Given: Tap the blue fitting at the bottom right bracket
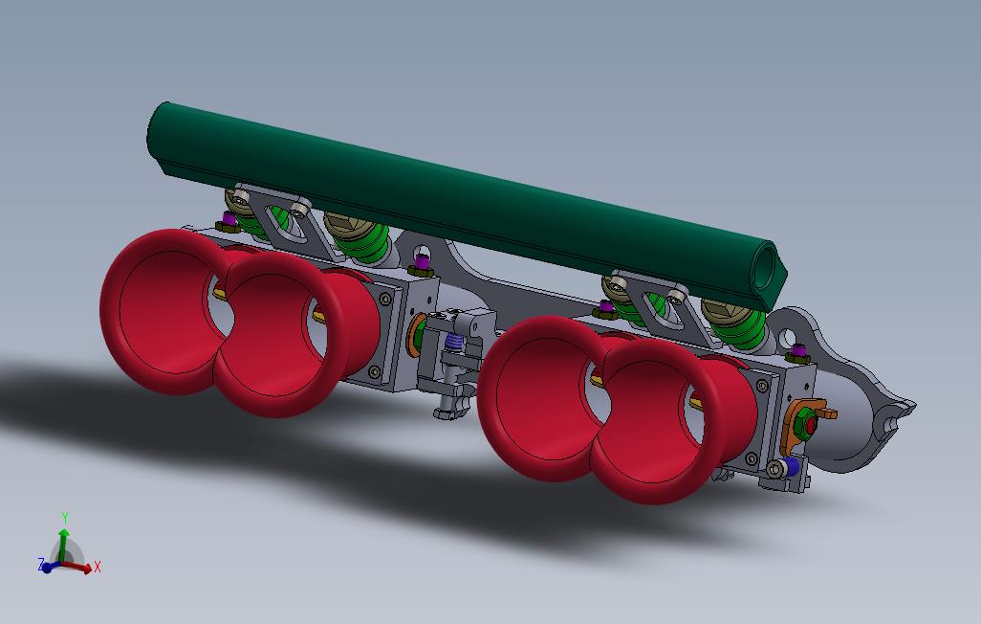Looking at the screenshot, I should (x=786, y=468).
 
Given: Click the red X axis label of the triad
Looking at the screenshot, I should (x=98, y=567).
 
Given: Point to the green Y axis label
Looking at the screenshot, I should (x=64, y=518).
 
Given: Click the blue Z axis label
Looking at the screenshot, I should (x=41, y=565).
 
